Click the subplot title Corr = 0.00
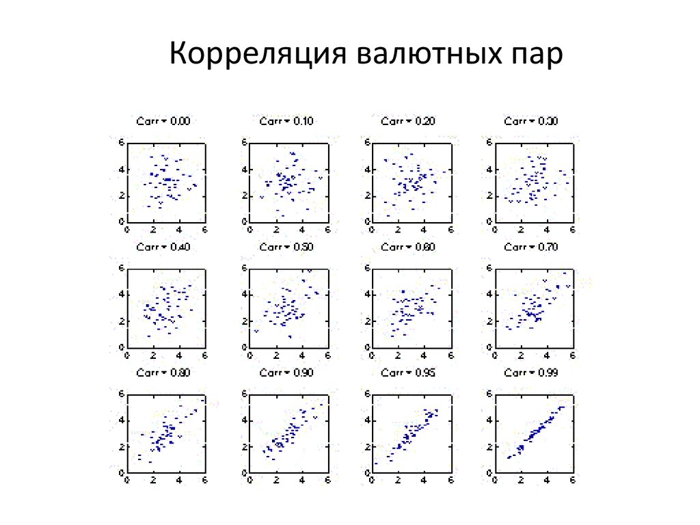coord(163,121)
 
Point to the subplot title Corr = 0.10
coord(286,121)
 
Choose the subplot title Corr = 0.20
coord(407,121)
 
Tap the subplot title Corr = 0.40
coord(163,247)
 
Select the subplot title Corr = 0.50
coord(286,247)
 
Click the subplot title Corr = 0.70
coord(530,247)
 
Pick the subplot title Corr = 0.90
coord(286,373)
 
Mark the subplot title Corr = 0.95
coord(407,373)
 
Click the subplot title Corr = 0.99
coord(530,373)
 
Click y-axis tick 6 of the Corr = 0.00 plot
coord(122,143)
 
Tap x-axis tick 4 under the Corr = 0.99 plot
coord(547,481)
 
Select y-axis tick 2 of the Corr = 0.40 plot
coord(122,321)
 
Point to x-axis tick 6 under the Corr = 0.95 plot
coord(450,481)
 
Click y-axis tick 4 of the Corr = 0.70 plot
coord(489,295)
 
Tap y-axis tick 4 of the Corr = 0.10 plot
coord(244,169)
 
